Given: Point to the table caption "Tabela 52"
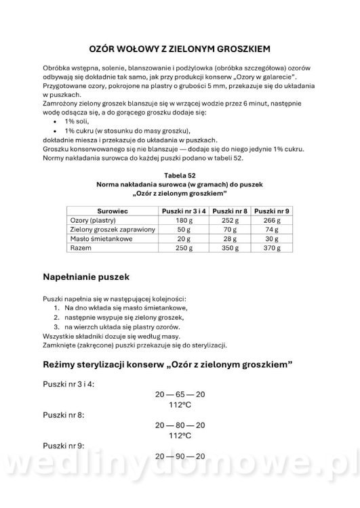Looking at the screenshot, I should point(180,175).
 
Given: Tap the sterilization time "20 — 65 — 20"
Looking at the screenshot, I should point(180,394).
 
